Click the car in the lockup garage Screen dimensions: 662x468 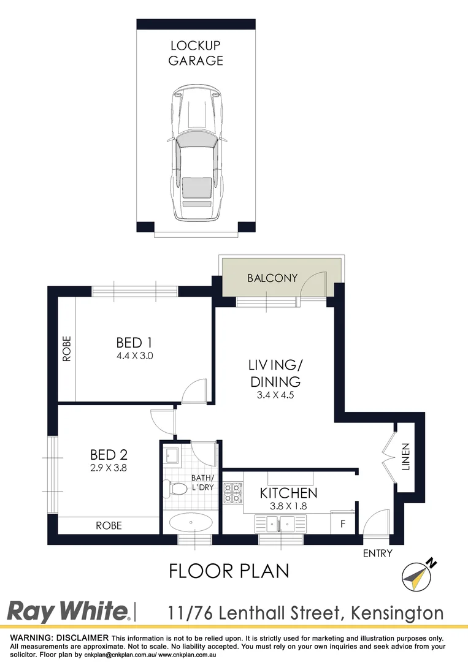point(196,153)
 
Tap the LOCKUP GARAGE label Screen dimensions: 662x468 point(196,53)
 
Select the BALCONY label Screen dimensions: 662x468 point(272,278)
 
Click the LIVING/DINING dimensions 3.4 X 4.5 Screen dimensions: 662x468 point(275,395)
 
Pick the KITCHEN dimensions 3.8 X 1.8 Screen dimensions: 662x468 point(288,506)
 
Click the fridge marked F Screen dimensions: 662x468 point(342,524)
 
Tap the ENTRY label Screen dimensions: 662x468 point(377,553)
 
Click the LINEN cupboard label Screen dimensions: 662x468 point(405,457)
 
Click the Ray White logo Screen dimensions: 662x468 point(67,611)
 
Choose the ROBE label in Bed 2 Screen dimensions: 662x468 point(109,525)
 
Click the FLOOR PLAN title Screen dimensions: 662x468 point(229,571)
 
